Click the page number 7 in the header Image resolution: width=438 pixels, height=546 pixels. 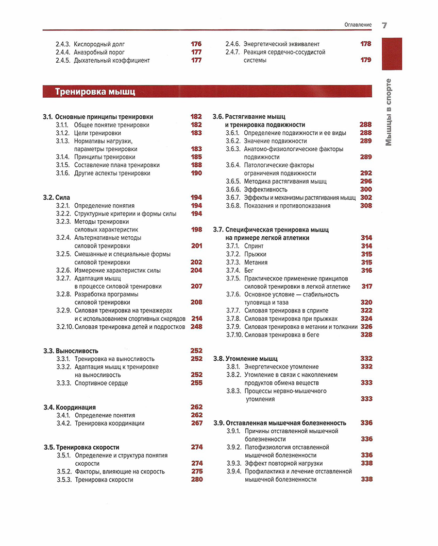(384, 25)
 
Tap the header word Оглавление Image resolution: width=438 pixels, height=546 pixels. (358, 25)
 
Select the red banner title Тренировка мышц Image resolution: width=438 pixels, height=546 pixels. (95, 92)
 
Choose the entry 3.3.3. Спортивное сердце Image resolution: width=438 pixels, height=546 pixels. (92, 383)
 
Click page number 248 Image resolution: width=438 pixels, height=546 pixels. (196, 326)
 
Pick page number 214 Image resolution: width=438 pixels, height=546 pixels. (196, 319)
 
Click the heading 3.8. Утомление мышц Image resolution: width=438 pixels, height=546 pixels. (245, 358)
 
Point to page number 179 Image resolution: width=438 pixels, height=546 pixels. (365, 60)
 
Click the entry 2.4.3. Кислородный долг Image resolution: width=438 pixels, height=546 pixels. (90, 44)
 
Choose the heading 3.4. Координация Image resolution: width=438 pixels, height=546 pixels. (70, 407)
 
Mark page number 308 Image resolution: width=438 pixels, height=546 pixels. (365, 205)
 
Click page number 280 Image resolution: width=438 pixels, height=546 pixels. (196, 479)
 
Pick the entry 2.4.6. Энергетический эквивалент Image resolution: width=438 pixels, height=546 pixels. (273, 44)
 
